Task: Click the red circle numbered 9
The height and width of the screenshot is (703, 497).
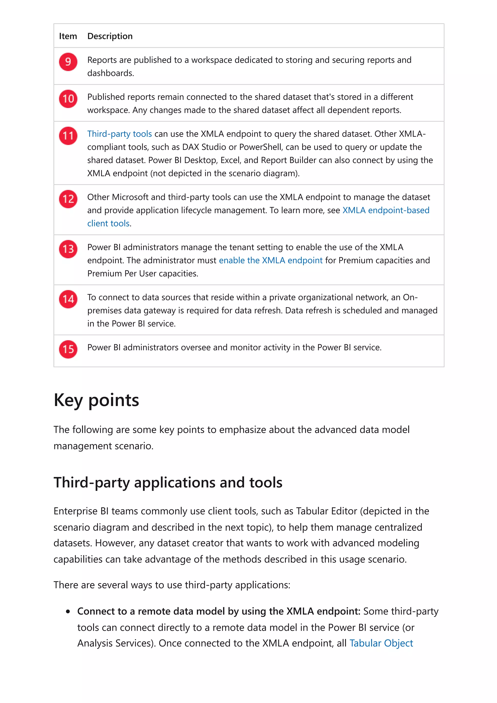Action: click(x=68, y=62)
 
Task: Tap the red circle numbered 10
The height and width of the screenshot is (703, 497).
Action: click(x=68, y=98)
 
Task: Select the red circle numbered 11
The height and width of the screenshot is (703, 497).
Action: click(x=68, y=136)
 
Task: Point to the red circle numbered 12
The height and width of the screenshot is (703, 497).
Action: click(x=68, y=199)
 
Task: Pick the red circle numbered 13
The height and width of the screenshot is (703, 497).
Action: click(x=68, y=249)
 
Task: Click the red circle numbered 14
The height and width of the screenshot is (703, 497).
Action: click(x=68, y=299)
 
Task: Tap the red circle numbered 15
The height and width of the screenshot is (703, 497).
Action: click(x=68, y=349)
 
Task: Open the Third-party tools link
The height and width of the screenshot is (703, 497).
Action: click(x=119, y=134)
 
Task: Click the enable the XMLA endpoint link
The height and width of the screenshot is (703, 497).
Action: click(x=271, y=260)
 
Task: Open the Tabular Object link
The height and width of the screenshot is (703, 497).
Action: click(x=381, y=643)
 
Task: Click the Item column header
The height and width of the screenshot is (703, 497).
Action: click(x=68, y=36)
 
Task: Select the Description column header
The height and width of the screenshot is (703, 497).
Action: click(x=110, y=36)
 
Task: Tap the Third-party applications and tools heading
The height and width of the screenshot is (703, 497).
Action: click(x=168, y=482)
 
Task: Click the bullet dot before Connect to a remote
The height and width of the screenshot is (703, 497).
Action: click(x=68, y=612)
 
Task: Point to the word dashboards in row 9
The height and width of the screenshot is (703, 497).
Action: click(x=110, y=73)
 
